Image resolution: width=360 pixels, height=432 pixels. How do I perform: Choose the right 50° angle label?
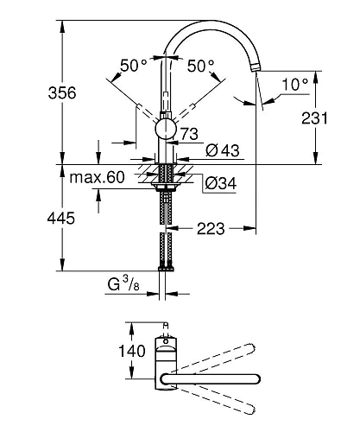[201, 66]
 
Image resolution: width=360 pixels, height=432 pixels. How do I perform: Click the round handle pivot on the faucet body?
[163, 130]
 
